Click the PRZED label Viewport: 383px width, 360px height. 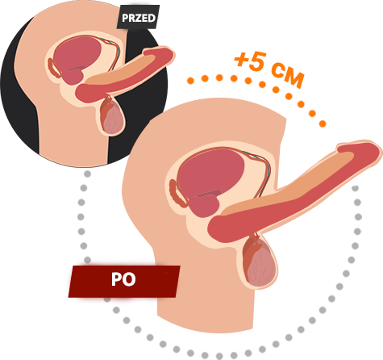point(139,18)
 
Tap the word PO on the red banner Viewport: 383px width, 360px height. point(123,279)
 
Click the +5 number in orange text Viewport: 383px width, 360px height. point(251,61)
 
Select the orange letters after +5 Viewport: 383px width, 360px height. point(288,76)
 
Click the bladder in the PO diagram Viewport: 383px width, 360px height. point(210,171)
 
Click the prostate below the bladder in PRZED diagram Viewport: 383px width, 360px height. point(73,77)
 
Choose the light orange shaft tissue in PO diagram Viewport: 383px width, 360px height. point(290,186)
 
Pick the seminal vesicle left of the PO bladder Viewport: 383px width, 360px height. point(177,194)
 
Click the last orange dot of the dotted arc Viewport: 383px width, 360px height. point(323,123)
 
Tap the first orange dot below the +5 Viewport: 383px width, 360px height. point(190,80)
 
